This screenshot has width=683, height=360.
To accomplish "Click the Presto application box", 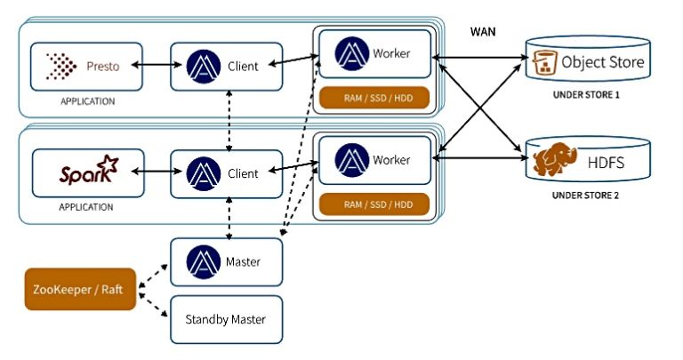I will point(87,66).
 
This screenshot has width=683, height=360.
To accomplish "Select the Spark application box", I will point(87,172).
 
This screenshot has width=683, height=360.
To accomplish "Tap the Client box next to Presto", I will point(227,66).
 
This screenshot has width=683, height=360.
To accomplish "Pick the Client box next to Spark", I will point(227,172).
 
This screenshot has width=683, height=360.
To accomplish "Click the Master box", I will point(227,262).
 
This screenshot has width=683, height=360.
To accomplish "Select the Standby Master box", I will point(227,318).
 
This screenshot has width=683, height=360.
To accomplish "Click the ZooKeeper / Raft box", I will point(80,290).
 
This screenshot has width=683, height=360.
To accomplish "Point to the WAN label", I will point(483,32).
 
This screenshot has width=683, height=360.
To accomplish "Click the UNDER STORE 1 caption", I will point(586,94).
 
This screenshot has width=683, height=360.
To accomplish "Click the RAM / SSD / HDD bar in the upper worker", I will point(374,96).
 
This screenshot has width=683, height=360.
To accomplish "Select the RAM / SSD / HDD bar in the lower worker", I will point(374,204).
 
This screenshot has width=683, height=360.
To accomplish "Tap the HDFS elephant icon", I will point(551,163).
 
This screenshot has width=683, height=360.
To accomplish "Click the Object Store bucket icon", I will point(542,64).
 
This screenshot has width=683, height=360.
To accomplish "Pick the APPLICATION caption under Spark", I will point(87,207).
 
